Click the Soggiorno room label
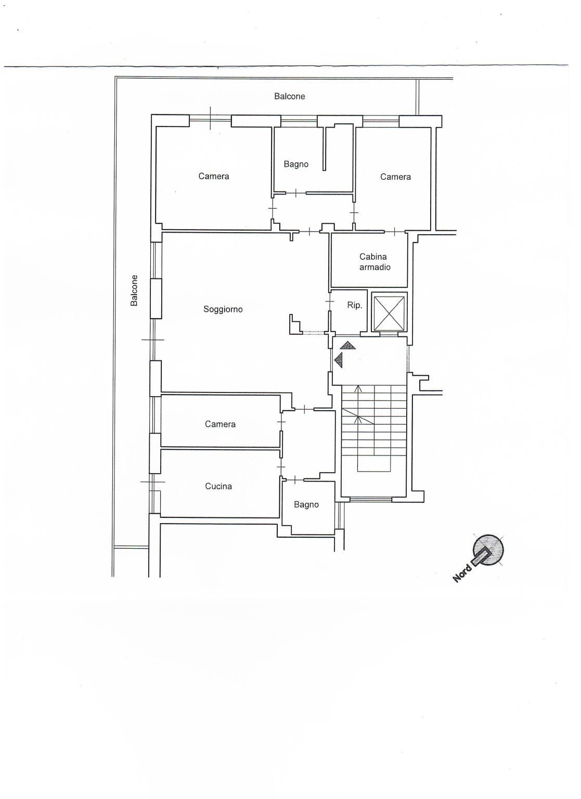click(223, 309)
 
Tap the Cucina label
click(218, 486)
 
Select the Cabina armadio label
click(375, 261)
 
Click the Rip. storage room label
click(354, 306)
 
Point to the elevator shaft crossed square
click(389, 312)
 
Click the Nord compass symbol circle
click(488, 550)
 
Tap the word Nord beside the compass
click(462, 573)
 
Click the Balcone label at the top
click(289, 96)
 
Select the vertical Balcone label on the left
click(134, 290)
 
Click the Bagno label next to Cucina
click(306, 505)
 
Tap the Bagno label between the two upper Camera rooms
click(296, 164)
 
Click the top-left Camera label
click(213, 176)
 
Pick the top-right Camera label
click(395, 177)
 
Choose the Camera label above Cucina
click(220, 424)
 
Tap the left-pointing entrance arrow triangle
click(339, 360)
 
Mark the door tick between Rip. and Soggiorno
click(330, 301)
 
